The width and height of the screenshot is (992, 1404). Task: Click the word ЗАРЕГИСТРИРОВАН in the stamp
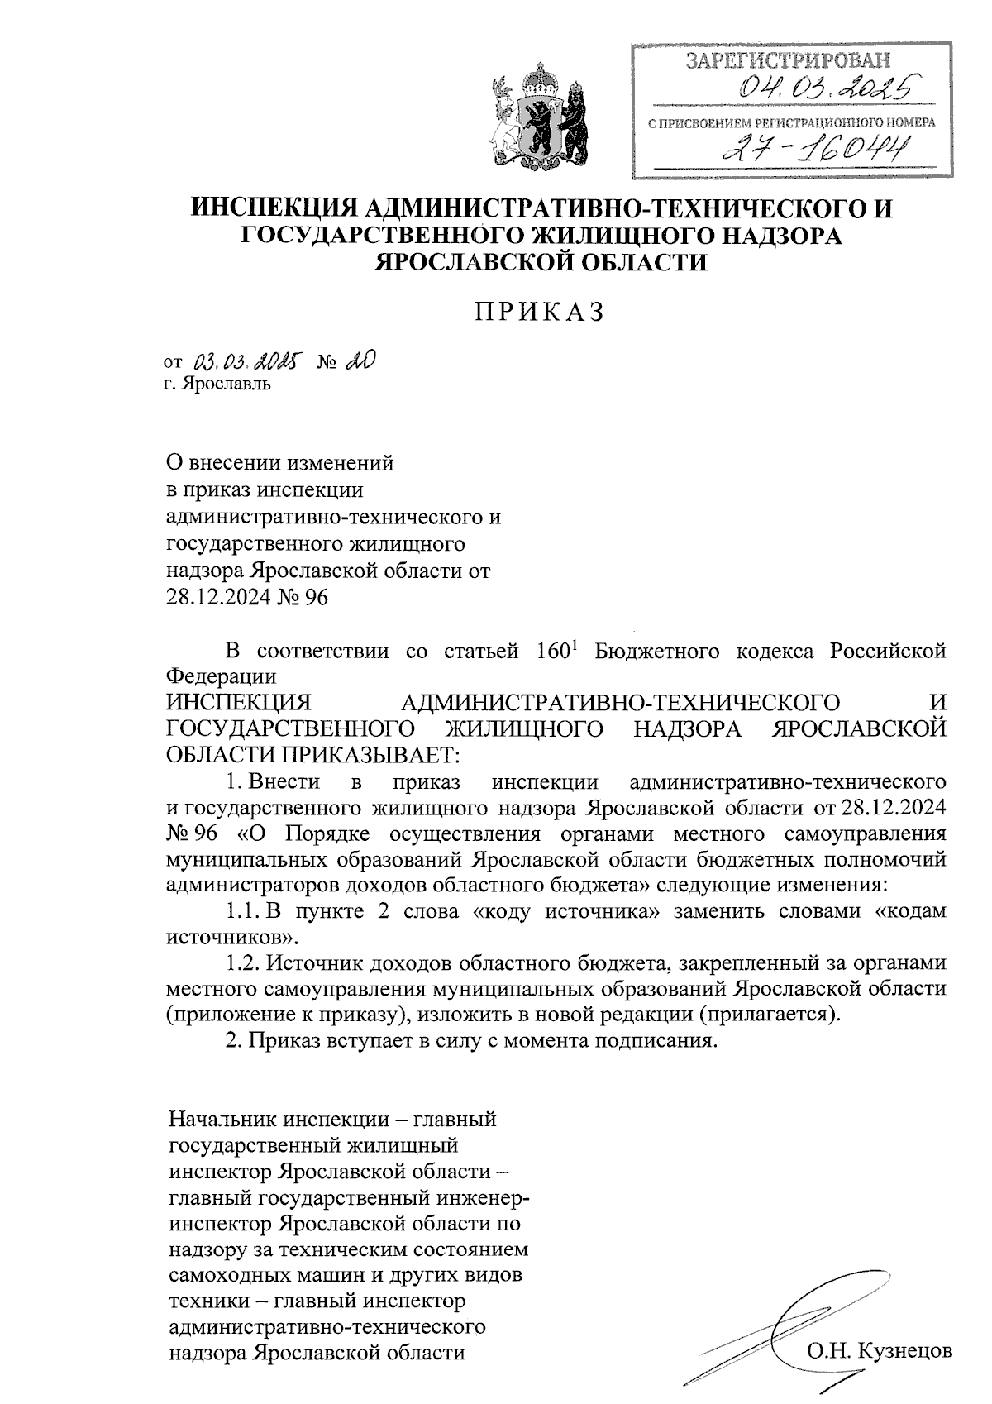(789, 60)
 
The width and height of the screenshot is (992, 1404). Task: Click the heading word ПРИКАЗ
(541, 312)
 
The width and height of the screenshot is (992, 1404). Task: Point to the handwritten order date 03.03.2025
(247, 361)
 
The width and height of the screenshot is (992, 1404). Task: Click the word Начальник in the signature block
(222, 1120)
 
